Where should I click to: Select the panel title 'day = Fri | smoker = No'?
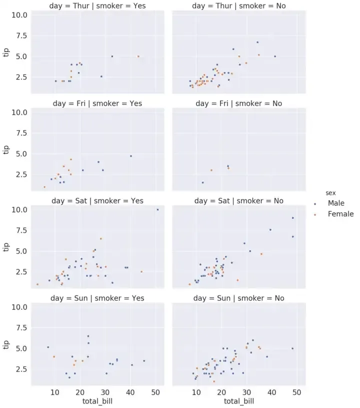pyautogui.click(x=238, y=104)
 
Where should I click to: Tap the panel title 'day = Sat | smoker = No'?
pyautogui.click(x=238, y=201)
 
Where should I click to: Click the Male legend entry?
pyautogui.click(x=336, y=203)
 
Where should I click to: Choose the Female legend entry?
pyautogui.click(x=340, y=214)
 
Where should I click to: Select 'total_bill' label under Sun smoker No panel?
pyautogui.click(x=238, y=401)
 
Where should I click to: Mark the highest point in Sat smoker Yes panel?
pyautogui.click(x=157, y=210)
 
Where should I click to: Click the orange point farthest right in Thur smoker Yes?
pyautogui.click(x=138, y=56)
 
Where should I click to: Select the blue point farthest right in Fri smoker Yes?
pyautogui.click(x=131, y=156)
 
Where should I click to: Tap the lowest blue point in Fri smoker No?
pyautogui.click(x=202, y=183)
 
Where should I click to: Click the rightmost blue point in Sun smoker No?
pyautogui.click(x=292, y=348)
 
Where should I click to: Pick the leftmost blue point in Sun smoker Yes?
pyautogui.click(x=48, y=347)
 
